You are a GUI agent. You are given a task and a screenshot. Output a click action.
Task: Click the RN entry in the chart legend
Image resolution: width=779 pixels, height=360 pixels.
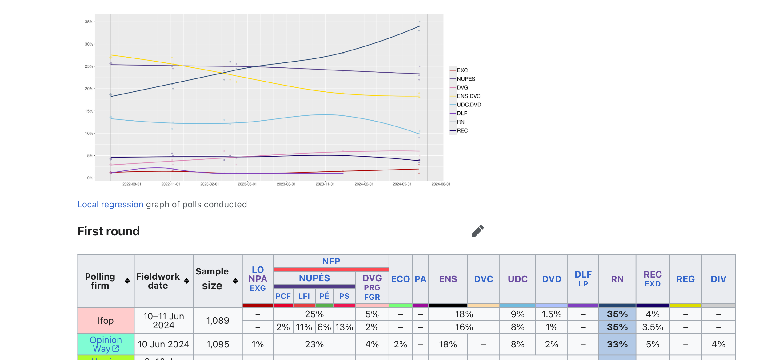tap(460, 122)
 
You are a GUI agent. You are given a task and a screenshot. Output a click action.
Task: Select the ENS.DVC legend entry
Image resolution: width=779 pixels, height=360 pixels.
tap(468, 96)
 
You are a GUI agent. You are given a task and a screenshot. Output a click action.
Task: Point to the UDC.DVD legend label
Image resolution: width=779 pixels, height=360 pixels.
tap(469, 105)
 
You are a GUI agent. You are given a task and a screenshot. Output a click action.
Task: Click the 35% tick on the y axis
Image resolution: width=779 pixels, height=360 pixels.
tap(89, 22)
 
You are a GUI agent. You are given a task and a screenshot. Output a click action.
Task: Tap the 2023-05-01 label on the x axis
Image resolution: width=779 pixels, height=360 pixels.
tap(247, 184)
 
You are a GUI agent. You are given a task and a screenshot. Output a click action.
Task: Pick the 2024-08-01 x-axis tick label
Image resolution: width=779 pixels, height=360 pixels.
tap(441, 184)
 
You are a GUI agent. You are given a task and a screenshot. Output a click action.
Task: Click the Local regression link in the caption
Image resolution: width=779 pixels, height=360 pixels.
tap(110, 205)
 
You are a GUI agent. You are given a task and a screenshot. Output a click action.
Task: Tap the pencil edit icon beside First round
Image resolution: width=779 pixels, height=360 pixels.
tap(477, 231)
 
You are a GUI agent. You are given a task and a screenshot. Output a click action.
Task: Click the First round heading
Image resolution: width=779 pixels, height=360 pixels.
tap(109, 231)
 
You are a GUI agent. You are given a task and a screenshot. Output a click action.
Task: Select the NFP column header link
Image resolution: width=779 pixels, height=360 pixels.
tap(331, 261)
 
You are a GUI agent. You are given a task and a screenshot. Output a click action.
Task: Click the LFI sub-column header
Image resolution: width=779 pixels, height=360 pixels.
tap(304, 296)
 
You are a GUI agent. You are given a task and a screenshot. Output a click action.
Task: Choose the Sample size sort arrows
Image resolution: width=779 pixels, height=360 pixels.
tap(235, 281)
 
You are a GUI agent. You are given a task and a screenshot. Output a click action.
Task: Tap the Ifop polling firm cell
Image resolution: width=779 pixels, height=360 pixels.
tap(106, 321)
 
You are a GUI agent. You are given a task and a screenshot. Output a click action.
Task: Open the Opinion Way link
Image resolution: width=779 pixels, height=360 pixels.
tap(106, 344)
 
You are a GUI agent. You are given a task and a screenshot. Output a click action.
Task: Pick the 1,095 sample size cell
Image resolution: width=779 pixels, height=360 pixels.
tap(218, 344)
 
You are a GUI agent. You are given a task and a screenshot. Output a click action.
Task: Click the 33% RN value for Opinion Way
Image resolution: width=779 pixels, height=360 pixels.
tap(617, 344)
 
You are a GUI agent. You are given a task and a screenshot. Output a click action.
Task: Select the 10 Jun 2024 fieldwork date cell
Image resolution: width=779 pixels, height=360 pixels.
tap(163, 344)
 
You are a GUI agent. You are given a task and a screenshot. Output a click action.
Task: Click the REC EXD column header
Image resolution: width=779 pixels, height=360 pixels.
tap(653, 279)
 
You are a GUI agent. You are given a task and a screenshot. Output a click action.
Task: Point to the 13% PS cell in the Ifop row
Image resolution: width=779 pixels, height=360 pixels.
tap(344, 327)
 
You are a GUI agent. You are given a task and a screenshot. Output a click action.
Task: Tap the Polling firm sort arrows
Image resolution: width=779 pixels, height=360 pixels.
tap(127, 281)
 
